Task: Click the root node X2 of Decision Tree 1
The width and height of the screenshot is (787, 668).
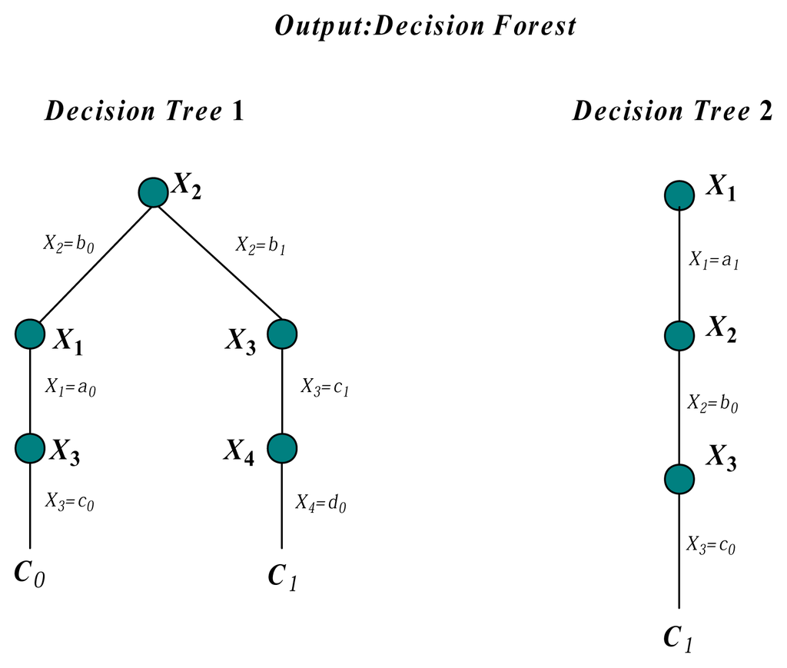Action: (x=153, y=192)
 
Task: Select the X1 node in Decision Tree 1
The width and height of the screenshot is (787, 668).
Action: (x=30, y=334)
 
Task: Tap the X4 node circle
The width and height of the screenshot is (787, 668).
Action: (x=282, y=447)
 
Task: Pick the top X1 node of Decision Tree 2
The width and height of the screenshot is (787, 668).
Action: (x=679, y=194)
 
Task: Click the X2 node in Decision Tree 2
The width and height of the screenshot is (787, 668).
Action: (x=679, y=335)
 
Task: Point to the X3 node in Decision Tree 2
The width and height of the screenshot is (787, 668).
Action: (x=679, y=478)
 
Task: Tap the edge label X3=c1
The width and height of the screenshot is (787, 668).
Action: (x=325, y=387)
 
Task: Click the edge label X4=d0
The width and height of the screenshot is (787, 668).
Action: (x=320, y=504)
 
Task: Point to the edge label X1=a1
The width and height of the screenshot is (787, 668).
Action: (x=714, y=261)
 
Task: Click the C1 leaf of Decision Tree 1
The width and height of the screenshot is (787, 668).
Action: (x=282, y=577)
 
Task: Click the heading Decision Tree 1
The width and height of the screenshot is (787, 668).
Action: (x=144, y=111)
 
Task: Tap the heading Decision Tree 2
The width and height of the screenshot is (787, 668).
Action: (x=672, y=111)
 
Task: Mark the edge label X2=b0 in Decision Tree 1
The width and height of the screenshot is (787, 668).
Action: (x=70, y=248)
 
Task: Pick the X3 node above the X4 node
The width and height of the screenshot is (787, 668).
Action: (x=282, y=334)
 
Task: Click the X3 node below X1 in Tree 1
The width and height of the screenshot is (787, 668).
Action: (x=30, y=447)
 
